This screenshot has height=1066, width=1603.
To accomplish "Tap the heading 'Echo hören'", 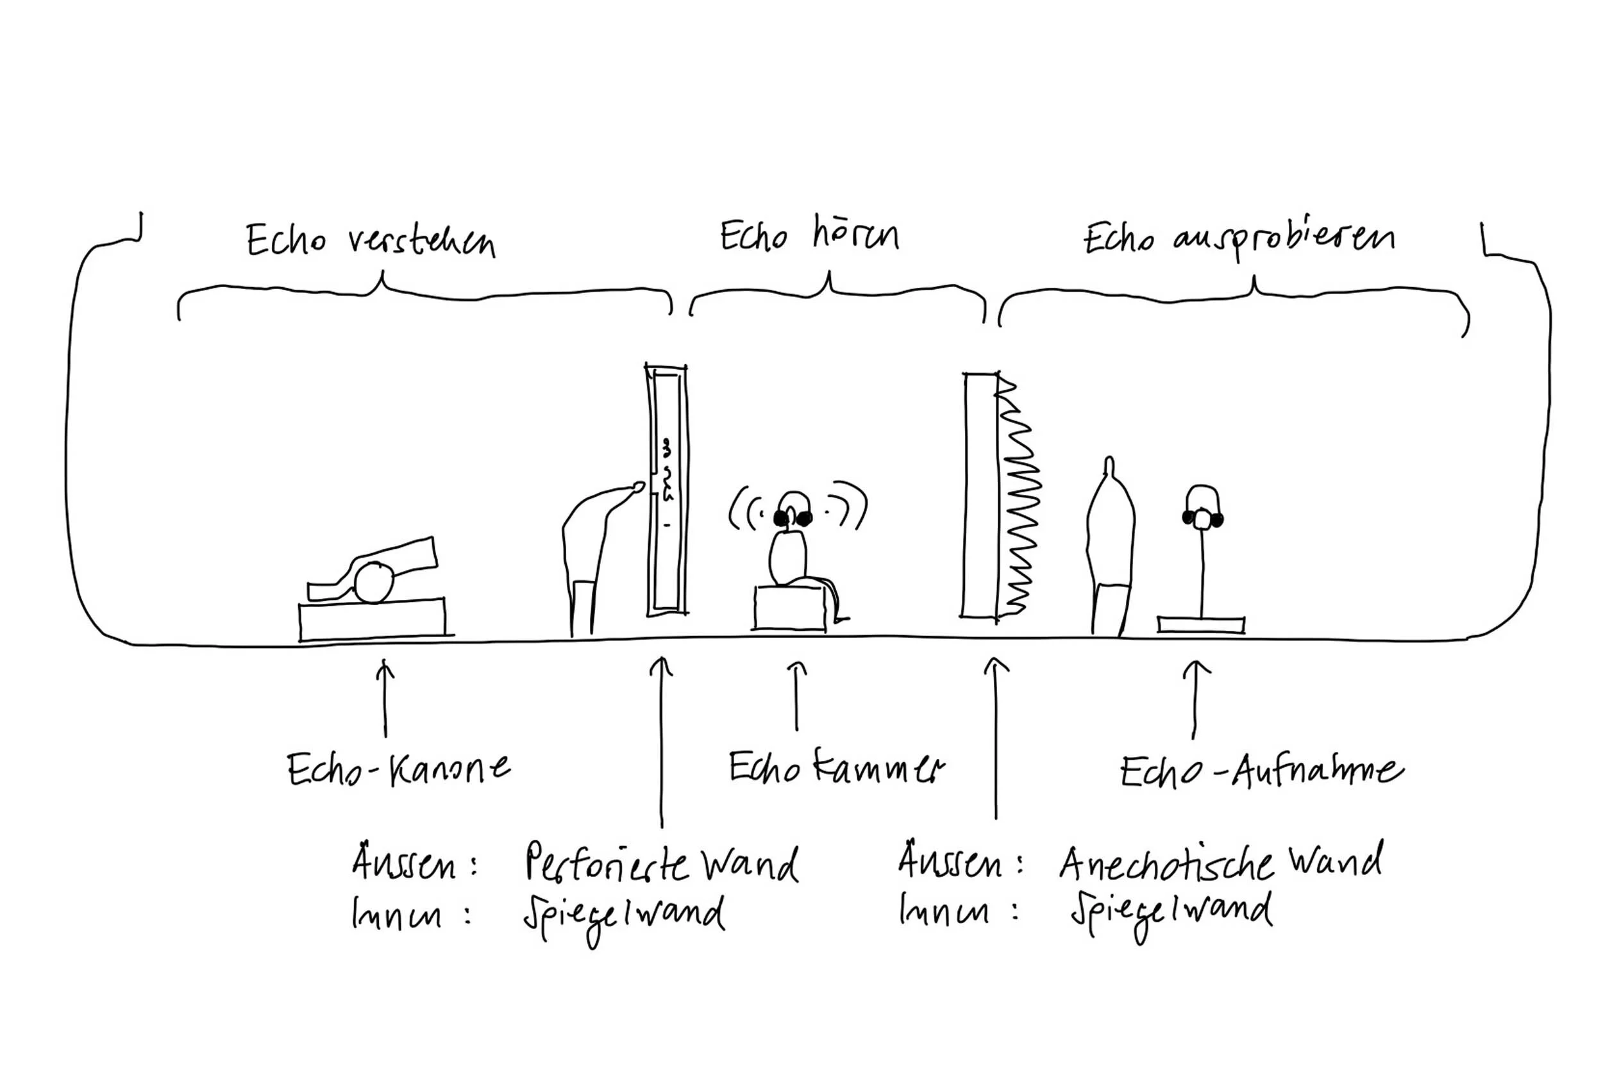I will (809, 235).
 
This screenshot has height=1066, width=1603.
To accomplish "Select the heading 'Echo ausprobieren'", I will (1238, 239).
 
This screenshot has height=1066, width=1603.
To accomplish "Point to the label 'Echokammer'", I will (837, 767).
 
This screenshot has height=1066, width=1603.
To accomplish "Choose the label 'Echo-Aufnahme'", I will (1262, 772).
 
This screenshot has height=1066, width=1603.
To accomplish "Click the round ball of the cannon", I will (374, 583).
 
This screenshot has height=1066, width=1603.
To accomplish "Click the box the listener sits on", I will (789, 608).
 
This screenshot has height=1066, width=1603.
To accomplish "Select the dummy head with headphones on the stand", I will (1202, 507).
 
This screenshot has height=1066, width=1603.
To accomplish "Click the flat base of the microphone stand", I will (1201, 625).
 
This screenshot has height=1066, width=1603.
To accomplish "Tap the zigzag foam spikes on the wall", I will (1018, 496).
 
